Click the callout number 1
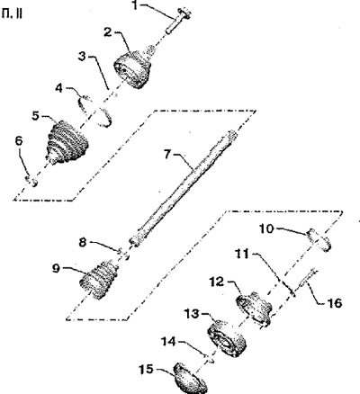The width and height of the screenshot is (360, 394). click(136, 5)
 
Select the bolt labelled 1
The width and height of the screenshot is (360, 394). click(178, 21)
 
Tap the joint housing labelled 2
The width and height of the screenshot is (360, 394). click(133, 67)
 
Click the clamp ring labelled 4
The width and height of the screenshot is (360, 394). click(95, 111)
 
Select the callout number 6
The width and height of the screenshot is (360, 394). click(19, 142)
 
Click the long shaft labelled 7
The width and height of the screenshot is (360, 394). click(184, 188)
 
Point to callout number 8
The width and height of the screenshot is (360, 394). click(84, 242)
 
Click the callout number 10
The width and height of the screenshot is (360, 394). click(266, 228)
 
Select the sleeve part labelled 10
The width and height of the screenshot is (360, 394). click(319, 240)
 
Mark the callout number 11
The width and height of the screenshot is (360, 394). click(242, 255)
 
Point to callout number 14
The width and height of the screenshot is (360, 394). click(169, 342)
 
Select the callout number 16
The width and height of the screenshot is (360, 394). click(334, 303)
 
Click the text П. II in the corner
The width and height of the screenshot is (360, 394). click(12, 14)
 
